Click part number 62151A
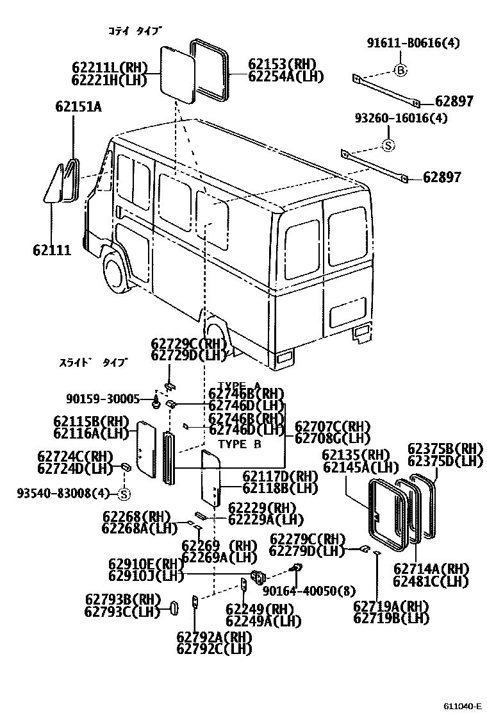pos(78,108)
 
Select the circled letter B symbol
pos(400,71)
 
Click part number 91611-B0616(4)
pos(413,44)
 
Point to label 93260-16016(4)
pos(401,118)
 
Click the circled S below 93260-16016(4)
pos(388,146)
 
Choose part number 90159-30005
pos(103,399)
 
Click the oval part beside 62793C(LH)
pos(173,607)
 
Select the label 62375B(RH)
pos(445,448)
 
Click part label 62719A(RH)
pos(391,606)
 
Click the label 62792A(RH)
pos(214,637)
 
